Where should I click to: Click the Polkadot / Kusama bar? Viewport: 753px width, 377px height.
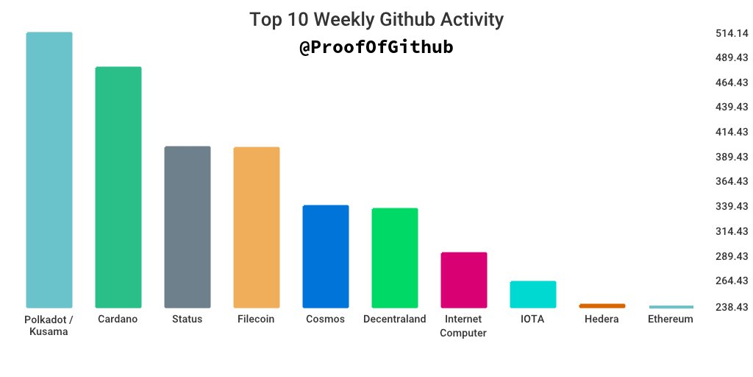tap(49, 170)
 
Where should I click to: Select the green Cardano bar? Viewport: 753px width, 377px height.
tap(118, 188)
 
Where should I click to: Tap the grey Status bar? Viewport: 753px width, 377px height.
tap(188, 227)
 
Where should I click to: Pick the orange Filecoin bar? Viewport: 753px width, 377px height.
tap(257, 228)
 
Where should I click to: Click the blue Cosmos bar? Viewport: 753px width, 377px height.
tap(326, 257)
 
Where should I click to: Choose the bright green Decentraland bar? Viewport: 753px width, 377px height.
tap(395, 258)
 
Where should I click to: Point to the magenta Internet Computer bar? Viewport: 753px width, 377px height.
tap(464, 281)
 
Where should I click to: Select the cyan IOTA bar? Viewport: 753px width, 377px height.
tap(533, 295)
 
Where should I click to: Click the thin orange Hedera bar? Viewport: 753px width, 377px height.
tap(602, 306)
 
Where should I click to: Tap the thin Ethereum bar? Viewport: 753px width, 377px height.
tap(671, 307)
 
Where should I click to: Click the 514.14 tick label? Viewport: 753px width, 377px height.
tap(732, 33)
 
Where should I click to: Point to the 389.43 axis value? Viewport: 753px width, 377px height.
tap(732, 157)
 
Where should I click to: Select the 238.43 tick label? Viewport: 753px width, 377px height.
tap(732, 307)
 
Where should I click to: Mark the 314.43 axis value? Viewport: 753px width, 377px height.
tap(732, 231)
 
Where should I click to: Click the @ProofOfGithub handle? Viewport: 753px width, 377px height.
tap(376, 47)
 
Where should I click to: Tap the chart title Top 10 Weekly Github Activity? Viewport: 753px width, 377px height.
tap(376, 20)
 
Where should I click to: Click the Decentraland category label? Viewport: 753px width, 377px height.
tap(395, 319)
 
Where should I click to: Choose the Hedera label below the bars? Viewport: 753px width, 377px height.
tap(602, 319)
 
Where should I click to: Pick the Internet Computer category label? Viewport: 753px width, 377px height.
tap(463, 325)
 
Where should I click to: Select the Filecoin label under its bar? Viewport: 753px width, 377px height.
tap(256, 319)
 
